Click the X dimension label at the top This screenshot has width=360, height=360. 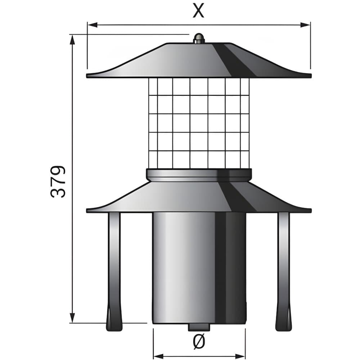point(198,10)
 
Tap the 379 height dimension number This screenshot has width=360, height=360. point(58,181)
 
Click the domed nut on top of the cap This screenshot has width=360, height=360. point(199,39)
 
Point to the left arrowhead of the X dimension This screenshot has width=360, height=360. point(92,25)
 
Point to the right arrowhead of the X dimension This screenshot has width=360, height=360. point(305,25)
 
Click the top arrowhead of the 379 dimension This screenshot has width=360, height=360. point(73,40)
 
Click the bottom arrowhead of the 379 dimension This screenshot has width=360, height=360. point(73,318)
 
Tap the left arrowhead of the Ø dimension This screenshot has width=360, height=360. point(158,356)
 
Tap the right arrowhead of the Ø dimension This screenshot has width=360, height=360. point(240,356)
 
